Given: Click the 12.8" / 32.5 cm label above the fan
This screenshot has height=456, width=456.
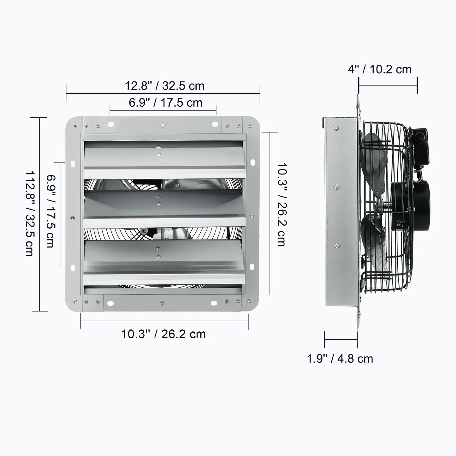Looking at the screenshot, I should [x=164, y=86].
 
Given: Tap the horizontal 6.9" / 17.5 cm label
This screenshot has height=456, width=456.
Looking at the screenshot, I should [x=165, y=103].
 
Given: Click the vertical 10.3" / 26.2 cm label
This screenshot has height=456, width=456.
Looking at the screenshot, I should [x=281, y=204].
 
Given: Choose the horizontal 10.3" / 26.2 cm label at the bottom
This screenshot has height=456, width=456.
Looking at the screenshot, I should [x=163, y=334].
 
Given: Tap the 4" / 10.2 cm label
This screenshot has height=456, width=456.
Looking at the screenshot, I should [x=380, y=69].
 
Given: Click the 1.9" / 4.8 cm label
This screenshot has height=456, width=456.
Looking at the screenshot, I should [x=340, y=359].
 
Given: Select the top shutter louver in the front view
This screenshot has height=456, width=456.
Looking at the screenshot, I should [x=164, y=158].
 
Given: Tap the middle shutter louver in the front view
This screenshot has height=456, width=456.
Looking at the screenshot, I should [x=164, y=205].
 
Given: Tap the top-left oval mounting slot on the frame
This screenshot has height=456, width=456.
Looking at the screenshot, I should [x=110, y=124].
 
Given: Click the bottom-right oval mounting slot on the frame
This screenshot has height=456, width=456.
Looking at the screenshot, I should [x=214, y=304].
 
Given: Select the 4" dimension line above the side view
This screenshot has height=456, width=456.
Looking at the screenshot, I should [x=388, y=85].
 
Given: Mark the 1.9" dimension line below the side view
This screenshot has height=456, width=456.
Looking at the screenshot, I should [x=341, y=340].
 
